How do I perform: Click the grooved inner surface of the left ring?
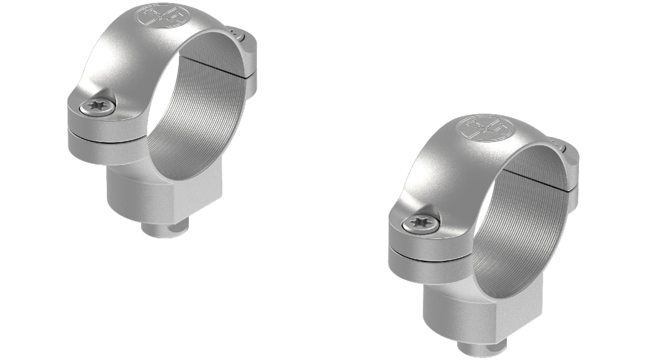tap(199, 124)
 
